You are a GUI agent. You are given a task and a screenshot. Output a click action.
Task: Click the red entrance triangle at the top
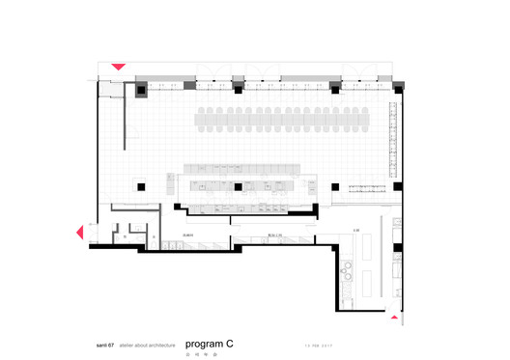(x=118, y=67)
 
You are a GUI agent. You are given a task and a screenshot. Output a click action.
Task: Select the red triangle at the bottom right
(x=394, y=315)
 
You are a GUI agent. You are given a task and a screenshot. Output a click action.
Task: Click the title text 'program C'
(x=209, y=343)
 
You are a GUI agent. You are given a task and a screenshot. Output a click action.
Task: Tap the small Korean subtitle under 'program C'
(x=199, y=352)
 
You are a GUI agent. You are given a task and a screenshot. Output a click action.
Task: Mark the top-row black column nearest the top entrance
(x=142, y=90)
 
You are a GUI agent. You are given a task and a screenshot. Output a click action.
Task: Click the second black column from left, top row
(x=238, y=89)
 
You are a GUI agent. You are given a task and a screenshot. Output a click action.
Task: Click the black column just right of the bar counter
(x=333, y=184)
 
